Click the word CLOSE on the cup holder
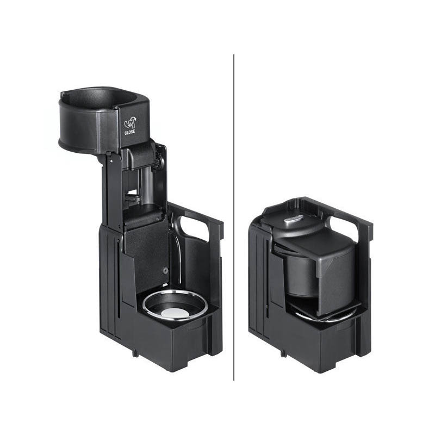point(129,132)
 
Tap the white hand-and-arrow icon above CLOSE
point(130,123)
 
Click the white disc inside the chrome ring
point(175,313)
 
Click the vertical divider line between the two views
point(234,217)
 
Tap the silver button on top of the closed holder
point(293,220)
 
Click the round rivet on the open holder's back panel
point(166,270)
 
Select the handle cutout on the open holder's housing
point(193,227)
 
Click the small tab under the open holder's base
point(135,353)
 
